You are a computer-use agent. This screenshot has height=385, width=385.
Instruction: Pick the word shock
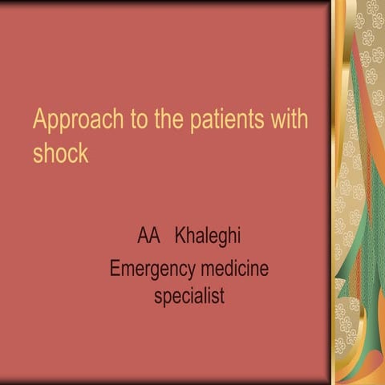click(60, 152)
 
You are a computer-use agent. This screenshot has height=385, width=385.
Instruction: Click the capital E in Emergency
click(115, 266)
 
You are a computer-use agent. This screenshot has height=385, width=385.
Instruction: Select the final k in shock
click(83, 152)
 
